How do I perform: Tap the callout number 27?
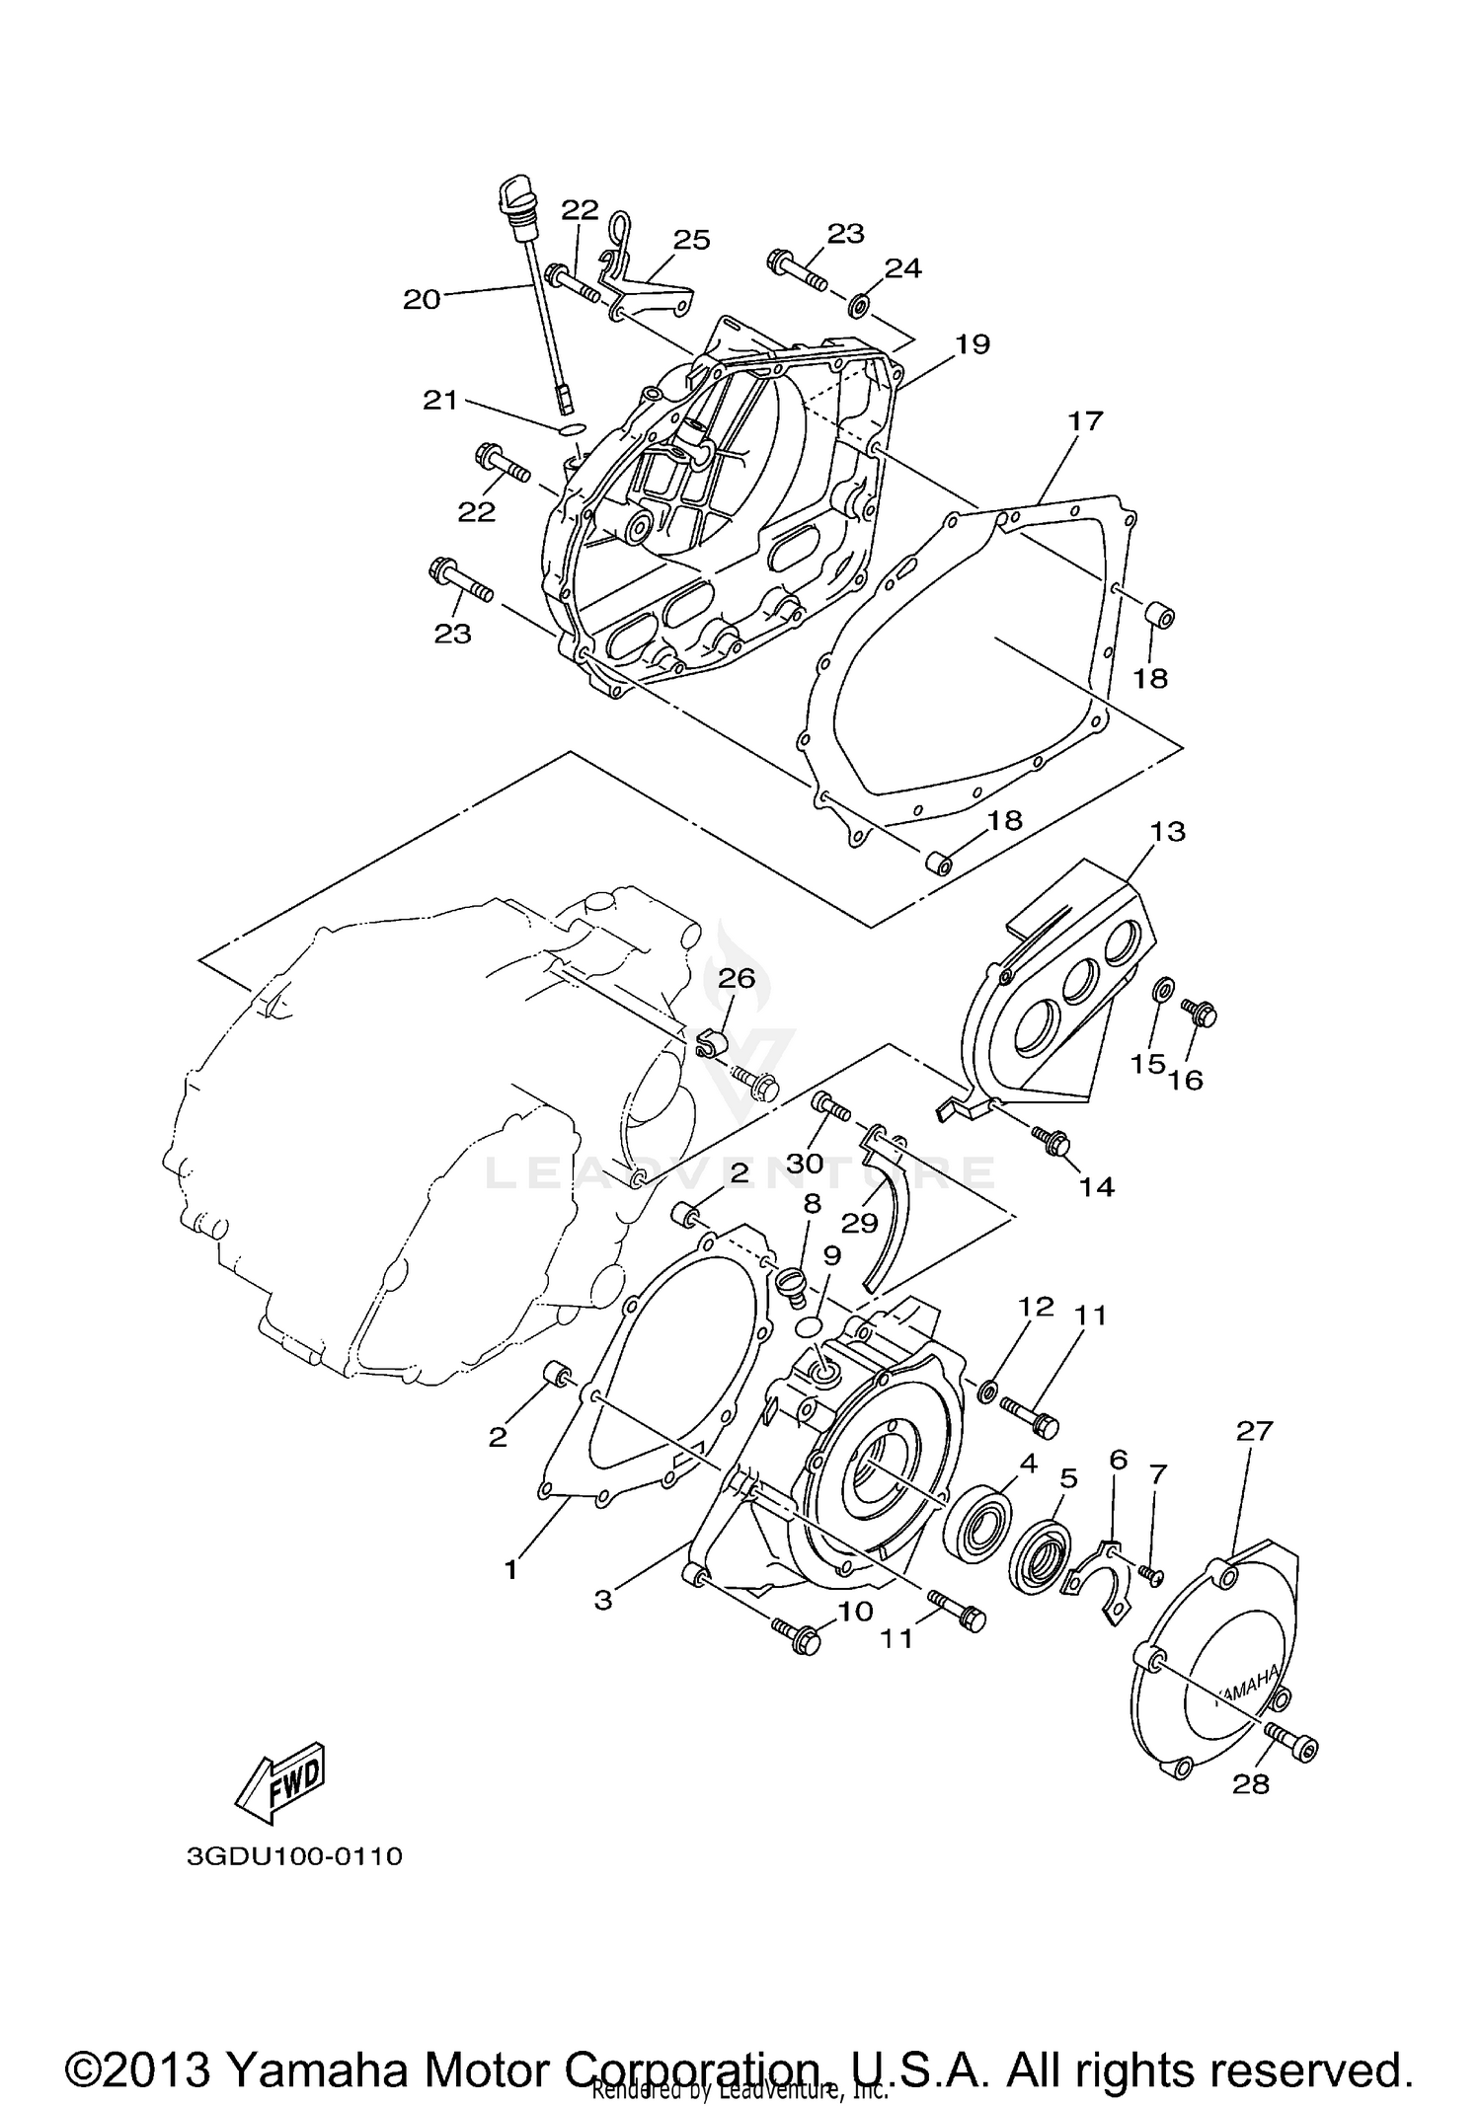point(1254,1431)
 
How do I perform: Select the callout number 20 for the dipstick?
point(422,300)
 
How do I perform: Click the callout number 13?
point(1167,831)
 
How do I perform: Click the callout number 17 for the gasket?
point(1084,421)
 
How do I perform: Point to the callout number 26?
point(736,978)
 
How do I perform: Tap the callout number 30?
point(805,1164)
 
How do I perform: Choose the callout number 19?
point(972,343)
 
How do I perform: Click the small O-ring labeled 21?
point(572,429)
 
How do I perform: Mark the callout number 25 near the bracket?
point(691,240)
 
